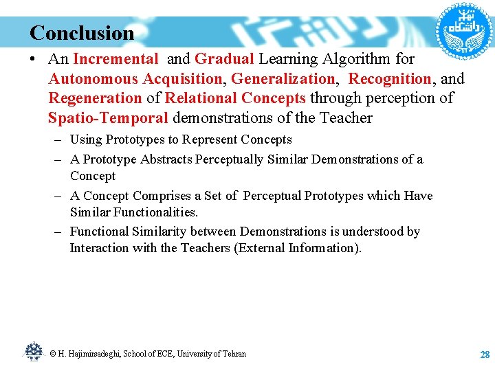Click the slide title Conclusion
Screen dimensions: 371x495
pos(82,33)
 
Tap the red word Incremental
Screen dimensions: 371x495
pos(115,60)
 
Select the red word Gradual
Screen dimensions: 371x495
pos(224,60)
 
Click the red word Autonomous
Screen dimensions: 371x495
pos(89,79)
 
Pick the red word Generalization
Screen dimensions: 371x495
pos(283,79)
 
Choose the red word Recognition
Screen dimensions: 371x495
pos(390,79)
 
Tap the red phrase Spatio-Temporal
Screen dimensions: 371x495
pos(108,118)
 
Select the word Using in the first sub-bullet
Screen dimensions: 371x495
pos(86,139)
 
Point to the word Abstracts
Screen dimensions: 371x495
pos(166,159)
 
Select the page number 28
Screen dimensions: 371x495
pos(484,355)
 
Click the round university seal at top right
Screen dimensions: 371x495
pos(460,29)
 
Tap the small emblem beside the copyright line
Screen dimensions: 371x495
pos(33,352)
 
